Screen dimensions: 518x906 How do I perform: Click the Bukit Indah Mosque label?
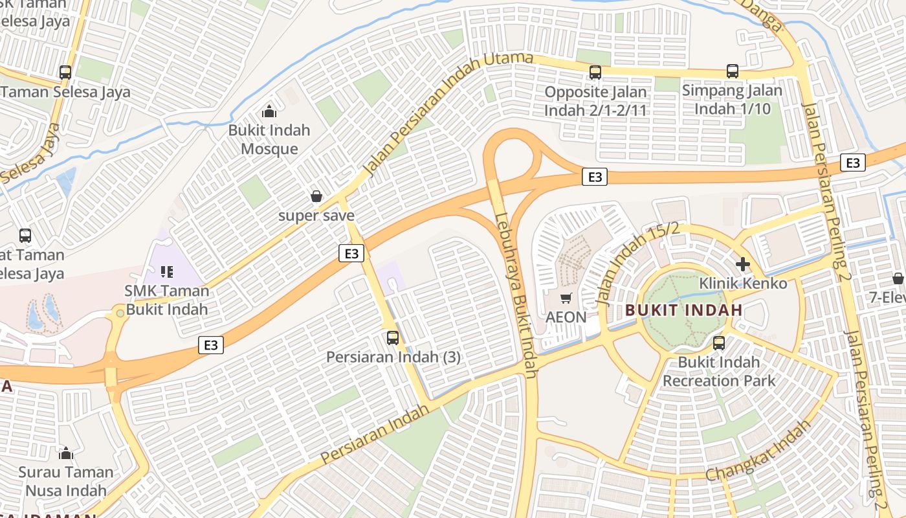click(269, 139)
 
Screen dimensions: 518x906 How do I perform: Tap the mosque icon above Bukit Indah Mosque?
click(269, 111)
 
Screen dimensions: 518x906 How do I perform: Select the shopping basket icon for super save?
click(316, 196)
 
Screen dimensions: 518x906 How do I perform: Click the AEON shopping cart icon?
click(566, 298)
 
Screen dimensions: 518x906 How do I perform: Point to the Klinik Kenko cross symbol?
click(742, 264)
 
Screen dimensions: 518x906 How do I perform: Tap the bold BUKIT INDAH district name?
click(684, 310)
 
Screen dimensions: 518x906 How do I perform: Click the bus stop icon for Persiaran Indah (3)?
click(393, 337)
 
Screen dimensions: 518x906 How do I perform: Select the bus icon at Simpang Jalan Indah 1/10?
click(732, 71)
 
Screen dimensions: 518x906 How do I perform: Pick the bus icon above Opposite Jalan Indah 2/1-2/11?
click(595, 73)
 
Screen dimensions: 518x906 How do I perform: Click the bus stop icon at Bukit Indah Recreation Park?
click(719, 343)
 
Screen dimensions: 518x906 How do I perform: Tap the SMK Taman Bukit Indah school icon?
click(167, 272)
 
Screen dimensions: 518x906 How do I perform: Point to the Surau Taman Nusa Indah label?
click(66, 481)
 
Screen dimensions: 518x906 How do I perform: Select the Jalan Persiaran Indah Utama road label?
click(448, 114)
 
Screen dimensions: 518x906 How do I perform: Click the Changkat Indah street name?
click(758, 451)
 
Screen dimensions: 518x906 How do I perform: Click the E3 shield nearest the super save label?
click(351, 253)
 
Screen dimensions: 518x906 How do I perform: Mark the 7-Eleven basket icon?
click(898, 278)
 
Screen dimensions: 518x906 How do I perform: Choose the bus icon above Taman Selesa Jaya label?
click(65, 72)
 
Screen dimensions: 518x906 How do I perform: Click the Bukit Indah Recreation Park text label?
click(718, 371)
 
